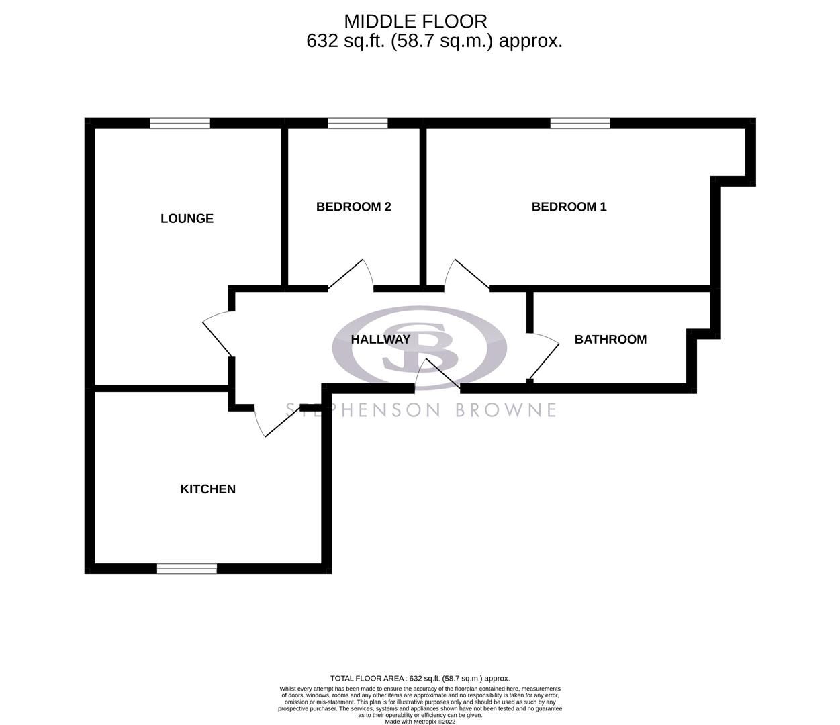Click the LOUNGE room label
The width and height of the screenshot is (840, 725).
tap(187, 218)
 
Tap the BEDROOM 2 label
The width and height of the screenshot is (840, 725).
tap(353, 207)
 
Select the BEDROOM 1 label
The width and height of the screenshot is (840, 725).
tap(569, 207)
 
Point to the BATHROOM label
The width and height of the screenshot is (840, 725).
tap(610, 340)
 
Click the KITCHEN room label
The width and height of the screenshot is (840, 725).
tap(207, 489)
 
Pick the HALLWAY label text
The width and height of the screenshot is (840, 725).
tap(380, 340)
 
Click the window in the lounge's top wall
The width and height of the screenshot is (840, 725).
tap(180, 123)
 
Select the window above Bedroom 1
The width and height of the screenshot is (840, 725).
tap(580, 123)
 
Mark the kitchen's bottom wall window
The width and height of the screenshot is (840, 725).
tap(187, 569)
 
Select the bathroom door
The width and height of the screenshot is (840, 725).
tap(544, 359)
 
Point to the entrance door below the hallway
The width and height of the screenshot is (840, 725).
tap(436, 376)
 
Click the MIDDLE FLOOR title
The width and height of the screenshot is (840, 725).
tap(416, 22)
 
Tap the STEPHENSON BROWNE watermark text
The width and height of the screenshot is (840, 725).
tap(421, 409)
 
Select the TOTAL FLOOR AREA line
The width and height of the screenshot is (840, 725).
tap(420, 679)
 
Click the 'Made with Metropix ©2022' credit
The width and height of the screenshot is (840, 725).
tap(420, 722)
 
